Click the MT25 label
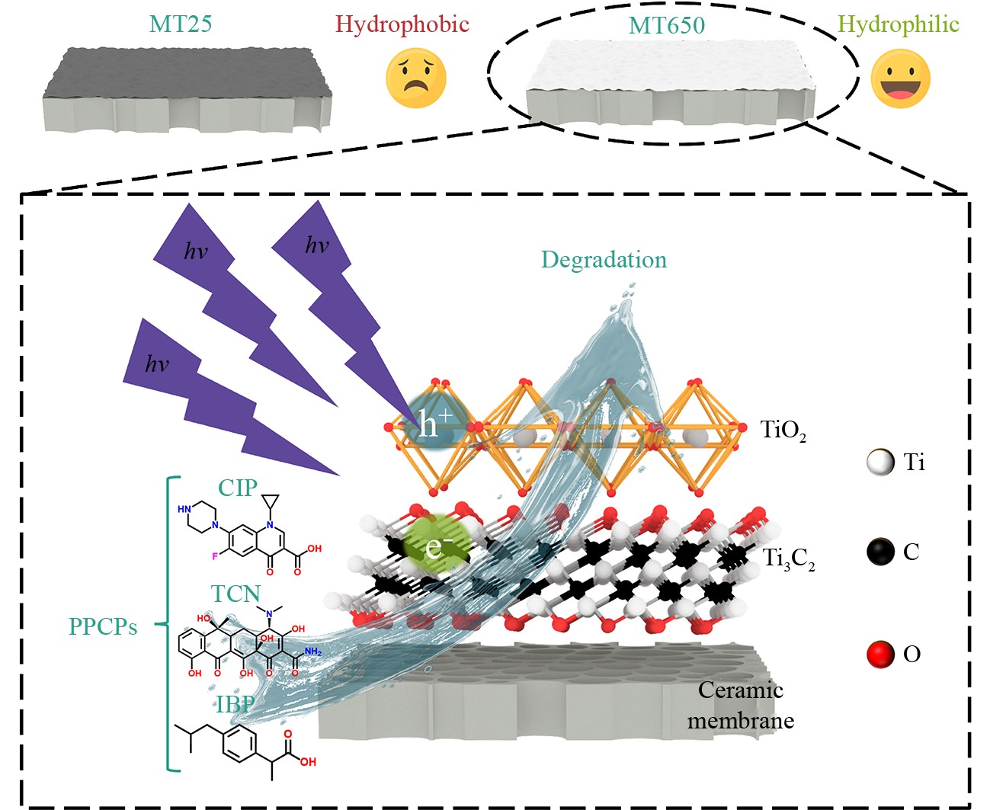[181, 24]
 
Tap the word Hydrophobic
[402, 24]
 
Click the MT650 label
[666, 26]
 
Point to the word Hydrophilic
[898, 24]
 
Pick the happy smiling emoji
[900, 78]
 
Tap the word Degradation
[604, 260]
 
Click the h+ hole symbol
[435, 422]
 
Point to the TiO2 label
[783, 431]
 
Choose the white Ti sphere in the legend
[880, 463]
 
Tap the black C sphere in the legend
[880, 552]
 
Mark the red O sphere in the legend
[880, 654]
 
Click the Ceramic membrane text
[740, 705]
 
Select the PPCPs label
[103, 626]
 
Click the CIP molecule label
[238, 488]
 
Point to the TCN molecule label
[235, 594]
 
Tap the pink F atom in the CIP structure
[215, 556]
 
